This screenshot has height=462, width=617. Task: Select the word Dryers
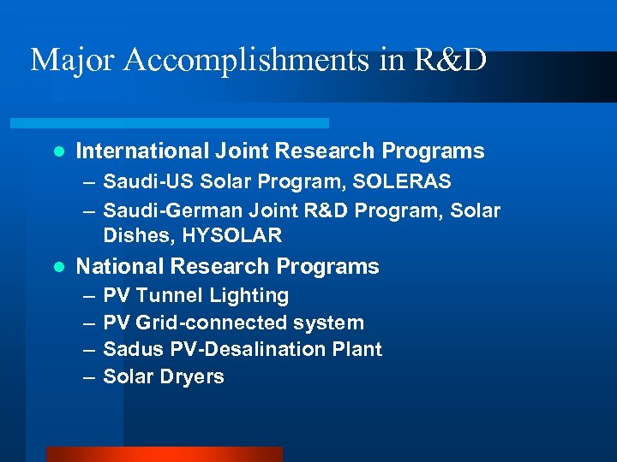point(195,376)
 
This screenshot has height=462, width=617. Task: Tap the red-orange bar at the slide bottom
point(164,454)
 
